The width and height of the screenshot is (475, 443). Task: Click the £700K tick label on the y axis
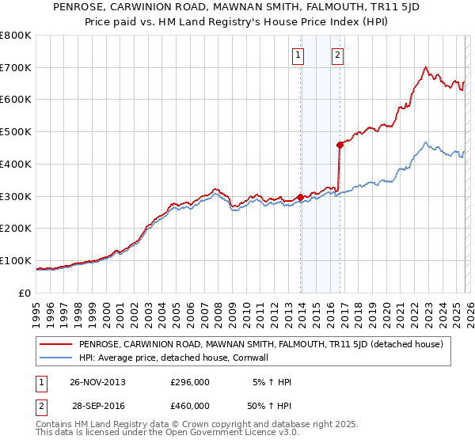point(16,68)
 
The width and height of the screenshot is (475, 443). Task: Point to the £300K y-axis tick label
point(16,196)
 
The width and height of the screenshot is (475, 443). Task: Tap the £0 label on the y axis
point(25,293)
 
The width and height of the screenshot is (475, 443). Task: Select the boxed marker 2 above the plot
point(338,55)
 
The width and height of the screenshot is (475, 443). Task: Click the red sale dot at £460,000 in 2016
point(340,145)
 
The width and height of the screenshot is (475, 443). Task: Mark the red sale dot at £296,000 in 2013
point(300,197)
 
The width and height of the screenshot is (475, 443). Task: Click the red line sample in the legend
point(56,344)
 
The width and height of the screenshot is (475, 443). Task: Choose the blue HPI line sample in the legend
point(56,358)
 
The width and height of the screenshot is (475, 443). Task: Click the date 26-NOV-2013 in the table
point(97,382)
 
